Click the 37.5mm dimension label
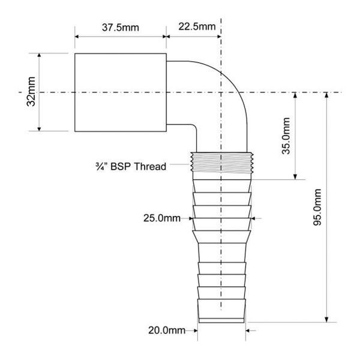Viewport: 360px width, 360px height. (121, 28)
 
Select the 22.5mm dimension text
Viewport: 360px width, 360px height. (197, 26)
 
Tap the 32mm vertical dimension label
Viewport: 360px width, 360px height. (31, 91)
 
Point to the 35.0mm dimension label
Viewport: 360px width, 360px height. (286, 136)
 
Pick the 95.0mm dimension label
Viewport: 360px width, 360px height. (317, 207)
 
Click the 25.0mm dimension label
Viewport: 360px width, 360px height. (162, 218)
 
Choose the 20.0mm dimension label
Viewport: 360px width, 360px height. (167, 331)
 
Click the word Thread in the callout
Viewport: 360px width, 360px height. (150, 166)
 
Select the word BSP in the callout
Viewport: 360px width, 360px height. (121, 166)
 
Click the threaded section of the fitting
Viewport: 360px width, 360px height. (222, 162)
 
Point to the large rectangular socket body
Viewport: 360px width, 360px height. (121, 92)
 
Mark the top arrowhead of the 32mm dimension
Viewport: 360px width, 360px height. (39, 55)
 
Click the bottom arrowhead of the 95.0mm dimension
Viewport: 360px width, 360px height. (327, 320)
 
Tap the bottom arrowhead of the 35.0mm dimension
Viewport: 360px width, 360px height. (295, 177)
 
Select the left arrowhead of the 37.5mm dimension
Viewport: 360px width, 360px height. (77, 37)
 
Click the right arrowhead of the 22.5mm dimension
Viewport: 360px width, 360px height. (218, 37)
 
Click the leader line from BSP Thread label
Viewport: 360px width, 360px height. (180, 164)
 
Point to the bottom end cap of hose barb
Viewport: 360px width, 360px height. (221, 320)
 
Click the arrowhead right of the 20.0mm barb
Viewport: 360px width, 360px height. (248, 331)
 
